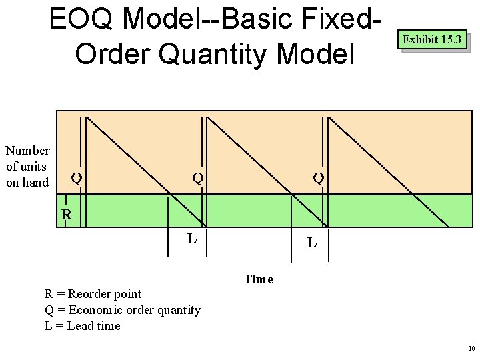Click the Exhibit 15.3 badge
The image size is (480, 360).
click(431, 40)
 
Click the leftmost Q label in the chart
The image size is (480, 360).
click(77, 178)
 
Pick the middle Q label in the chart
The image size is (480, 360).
click(198, 178)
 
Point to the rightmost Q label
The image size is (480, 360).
click(319, 178)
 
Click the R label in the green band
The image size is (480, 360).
click(67, 215)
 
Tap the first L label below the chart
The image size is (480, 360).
click(191, 238)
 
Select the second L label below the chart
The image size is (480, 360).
click(311, 243)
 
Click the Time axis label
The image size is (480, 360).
click(259, 279)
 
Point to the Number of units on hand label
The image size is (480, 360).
click(27, 167)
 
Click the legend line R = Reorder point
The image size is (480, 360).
click(93, 294)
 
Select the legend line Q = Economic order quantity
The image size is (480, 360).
click(122, 310)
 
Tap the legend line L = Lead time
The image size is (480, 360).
click(82, 326)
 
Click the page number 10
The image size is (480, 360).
click(471, 349)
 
